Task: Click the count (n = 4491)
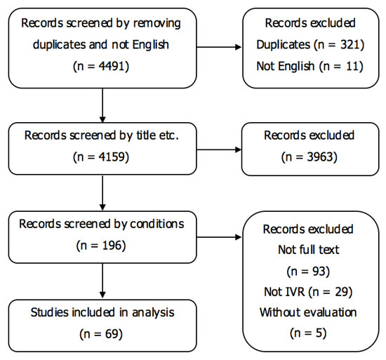[x=102, y=69]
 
